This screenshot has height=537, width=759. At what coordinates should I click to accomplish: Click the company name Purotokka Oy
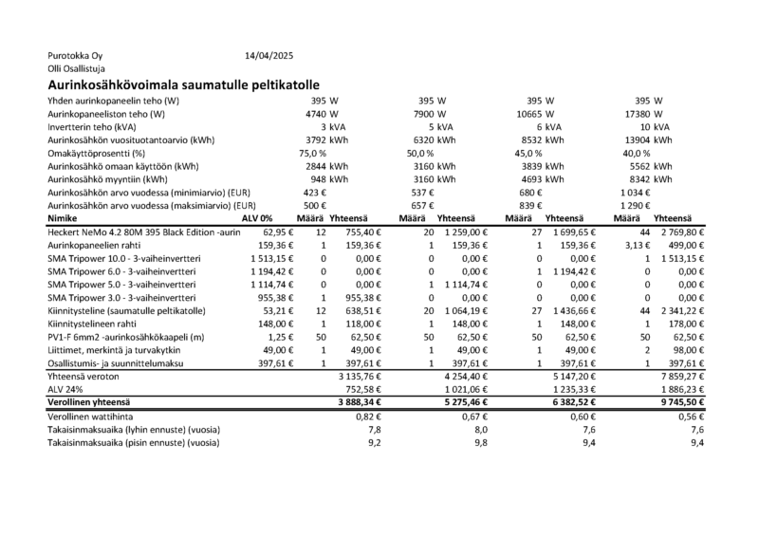[x=74, y=56]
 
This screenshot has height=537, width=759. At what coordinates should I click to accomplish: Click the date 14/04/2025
[x=269, y=56]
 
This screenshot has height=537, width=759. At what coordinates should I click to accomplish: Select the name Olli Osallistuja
[x=76, y=69]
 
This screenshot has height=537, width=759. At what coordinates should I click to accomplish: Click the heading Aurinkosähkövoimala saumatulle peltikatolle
[x=182, y=85]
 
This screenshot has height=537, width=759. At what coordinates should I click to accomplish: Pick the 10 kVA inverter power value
[x=655, y=126]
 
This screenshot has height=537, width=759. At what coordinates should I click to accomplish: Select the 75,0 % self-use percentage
[x=312, y=153]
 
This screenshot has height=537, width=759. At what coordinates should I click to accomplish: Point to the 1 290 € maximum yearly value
[x=636, y=205]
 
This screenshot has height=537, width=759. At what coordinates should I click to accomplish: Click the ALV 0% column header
[x=257, y=218]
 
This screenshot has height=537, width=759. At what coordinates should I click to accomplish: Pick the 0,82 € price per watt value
[x=366, y=416]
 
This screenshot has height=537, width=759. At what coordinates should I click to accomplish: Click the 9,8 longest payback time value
[x=479, y=442]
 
